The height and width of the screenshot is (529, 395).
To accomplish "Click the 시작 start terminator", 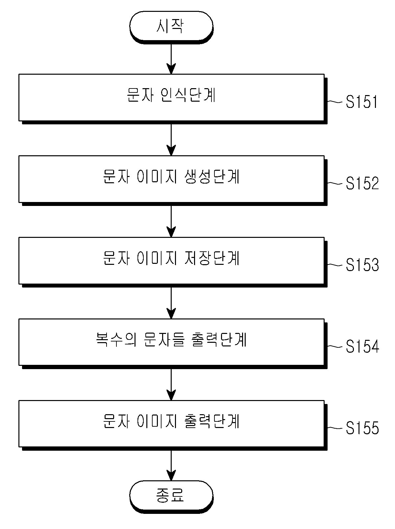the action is pos(171,27).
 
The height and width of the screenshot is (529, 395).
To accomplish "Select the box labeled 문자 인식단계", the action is pos(173,99).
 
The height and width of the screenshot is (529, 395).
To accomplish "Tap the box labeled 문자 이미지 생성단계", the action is pos(173,180).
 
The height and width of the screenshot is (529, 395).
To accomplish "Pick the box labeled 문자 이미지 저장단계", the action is pos(173,262).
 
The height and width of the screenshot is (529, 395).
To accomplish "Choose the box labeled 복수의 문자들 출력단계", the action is pos(173,343).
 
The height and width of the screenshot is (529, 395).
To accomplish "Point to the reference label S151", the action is pos(362,102).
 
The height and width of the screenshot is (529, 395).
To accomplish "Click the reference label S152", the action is pos(362,183).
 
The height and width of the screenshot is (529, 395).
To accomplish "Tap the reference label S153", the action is pos(362,265).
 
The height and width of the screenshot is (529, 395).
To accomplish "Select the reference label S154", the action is pos(362,346).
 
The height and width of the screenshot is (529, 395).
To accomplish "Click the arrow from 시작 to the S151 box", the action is pos(171,59).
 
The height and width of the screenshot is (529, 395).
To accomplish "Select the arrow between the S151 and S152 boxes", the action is pos(171,140).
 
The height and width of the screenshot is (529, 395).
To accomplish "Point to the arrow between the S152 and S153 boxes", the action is pos(171,222).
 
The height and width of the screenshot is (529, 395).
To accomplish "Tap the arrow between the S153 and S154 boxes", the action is pos(171,303).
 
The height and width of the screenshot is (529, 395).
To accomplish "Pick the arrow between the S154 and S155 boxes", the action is pos(171,385).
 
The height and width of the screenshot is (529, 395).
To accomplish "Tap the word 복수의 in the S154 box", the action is pos(116,340).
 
